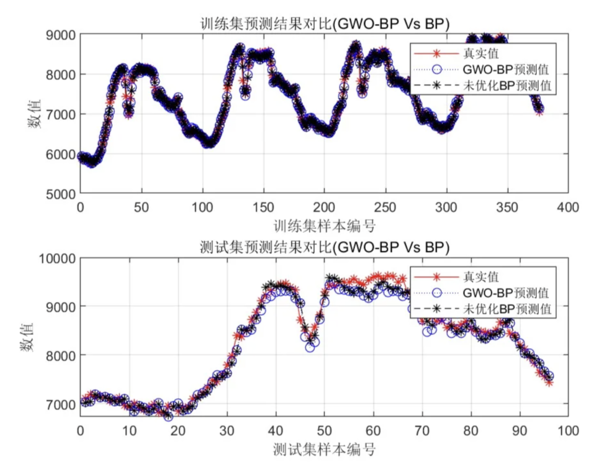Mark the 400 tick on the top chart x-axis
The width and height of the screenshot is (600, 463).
pos(568,207)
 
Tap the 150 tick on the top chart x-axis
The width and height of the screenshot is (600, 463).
pos(263,207)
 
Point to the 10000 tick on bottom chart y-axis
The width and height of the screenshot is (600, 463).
pos(57,258)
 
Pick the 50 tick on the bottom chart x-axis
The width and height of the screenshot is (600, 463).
pos(324,430)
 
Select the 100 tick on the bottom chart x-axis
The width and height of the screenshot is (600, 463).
pos(568,430)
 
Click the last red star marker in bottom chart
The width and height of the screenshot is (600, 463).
pos(549,382)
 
